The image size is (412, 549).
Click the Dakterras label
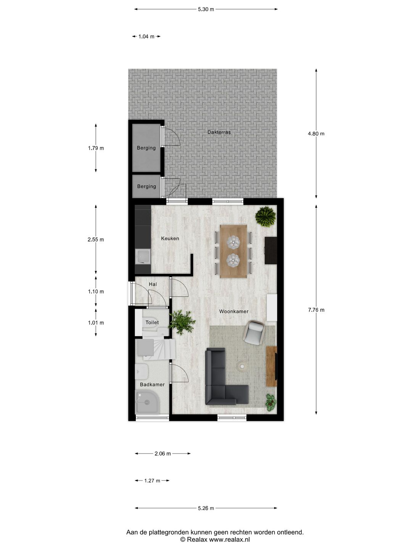pos(219,132)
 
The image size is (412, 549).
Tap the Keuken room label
pos(170,239)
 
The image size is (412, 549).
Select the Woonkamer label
pos(233,311)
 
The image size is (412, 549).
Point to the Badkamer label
pos(152,384)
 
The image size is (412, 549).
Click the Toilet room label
pos(152,323)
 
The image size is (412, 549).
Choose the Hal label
pos(153,284)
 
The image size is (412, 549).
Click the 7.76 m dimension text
pos(316,310)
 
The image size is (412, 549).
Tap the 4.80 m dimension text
pos(316,134)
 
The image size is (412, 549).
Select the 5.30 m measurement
pos(206,10)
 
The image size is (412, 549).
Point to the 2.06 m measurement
pos(163,454)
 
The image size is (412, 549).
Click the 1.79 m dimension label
pos(96,148)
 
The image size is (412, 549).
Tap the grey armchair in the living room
pos(254,332)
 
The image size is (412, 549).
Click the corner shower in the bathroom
pos(147,403)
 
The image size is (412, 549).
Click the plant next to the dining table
pos(266,216)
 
